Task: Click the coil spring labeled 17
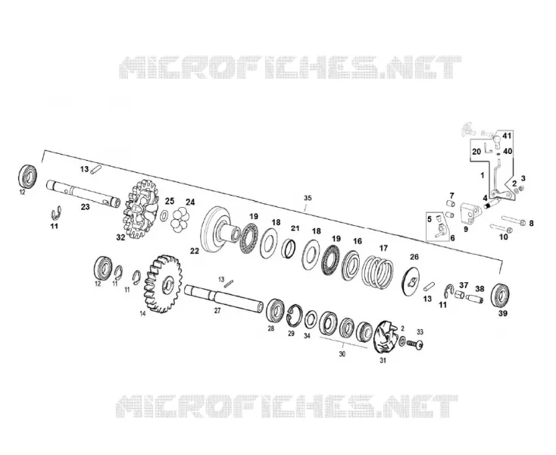[x=377, y=271]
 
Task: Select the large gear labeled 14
[x=163, y=284]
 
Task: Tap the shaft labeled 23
[x=83, y=193]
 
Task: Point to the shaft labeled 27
[x=223, y=299]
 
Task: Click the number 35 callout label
[x=308, y=198]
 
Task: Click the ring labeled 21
[x=289, y=248]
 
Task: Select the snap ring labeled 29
[x=295, y=315]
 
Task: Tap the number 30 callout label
[x=342, y=354]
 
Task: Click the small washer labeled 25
[x=164, y=215]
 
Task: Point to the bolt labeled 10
[x=501, y=227]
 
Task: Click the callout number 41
[x=507, y=136]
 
